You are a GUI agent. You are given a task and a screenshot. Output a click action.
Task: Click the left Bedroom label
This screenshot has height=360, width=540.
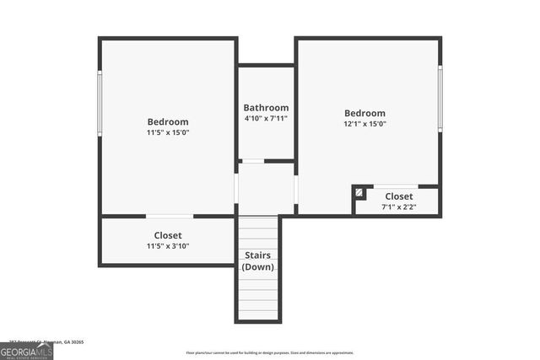coord(168,121)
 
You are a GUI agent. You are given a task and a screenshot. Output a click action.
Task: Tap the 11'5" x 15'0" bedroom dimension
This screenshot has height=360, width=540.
coord(168,132)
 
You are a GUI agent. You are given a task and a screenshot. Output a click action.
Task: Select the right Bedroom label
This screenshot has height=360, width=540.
coord(364,113)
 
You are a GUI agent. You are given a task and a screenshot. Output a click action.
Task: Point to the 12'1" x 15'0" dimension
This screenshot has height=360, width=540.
coord(364,124)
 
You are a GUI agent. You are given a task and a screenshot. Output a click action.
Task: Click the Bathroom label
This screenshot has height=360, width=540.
coord(266,108)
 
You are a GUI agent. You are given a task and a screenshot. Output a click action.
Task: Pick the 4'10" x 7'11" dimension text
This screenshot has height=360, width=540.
coord(266,119)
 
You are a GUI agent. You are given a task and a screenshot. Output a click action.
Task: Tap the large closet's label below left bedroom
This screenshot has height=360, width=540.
coord(168,235)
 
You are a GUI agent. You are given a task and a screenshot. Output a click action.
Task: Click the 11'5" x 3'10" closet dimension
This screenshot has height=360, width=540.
coord(168,246)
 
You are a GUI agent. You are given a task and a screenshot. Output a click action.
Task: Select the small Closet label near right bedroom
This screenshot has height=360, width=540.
coord(399,196)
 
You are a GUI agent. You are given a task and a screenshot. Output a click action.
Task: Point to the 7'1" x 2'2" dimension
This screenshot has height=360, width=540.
coord(399,207)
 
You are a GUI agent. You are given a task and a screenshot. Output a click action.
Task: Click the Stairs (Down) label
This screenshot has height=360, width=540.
coord(257,261)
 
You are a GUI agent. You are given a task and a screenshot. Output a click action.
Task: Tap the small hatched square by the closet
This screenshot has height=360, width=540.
coord(360,193)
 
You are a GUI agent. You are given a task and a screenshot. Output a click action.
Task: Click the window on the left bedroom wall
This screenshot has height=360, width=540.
coord(100,102)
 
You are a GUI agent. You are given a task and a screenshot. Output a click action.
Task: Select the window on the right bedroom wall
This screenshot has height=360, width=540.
coord(440,97)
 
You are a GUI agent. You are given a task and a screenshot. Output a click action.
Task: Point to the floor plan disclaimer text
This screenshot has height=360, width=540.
coord(270,353)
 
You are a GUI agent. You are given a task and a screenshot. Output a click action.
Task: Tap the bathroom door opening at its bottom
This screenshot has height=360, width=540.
coord(252,161)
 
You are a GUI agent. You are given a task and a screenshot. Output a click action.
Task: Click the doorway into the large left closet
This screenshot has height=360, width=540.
coord(169,217)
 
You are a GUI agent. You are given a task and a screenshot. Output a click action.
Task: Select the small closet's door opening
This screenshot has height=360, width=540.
coord(396,186)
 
